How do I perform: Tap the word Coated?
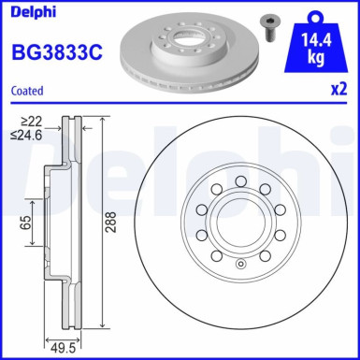[29, 91]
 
